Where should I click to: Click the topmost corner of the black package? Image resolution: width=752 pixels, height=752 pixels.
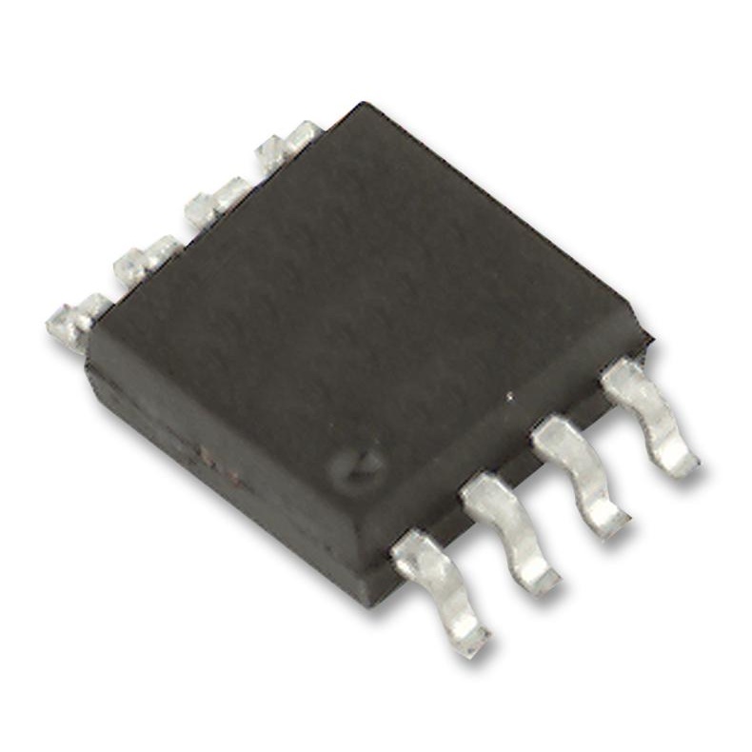(x=360, y=105)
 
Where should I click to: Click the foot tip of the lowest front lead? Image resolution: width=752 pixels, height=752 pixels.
(x=469, y=642)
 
